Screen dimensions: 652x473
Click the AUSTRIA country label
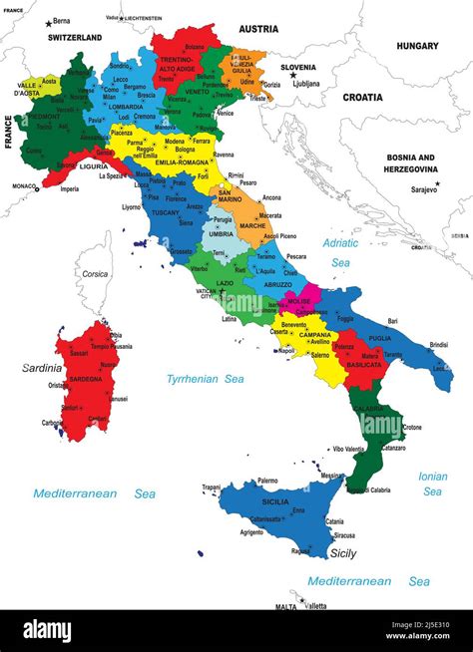point(258,29)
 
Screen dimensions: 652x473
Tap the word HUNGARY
point(417,46)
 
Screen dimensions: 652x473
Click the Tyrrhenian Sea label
point(206,379)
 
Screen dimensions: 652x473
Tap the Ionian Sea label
point(432,484)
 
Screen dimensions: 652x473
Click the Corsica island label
point(95,273)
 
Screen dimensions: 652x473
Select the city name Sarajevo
point(424,189)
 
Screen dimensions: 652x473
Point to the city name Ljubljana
point(306,84)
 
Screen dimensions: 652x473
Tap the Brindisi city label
point(438,344)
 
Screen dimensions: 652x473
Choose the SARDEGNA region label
point(85,379)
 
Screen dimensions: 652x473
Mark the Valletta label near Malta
point(315,605)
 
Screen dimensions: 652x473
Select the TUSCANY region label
point(165,212)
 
